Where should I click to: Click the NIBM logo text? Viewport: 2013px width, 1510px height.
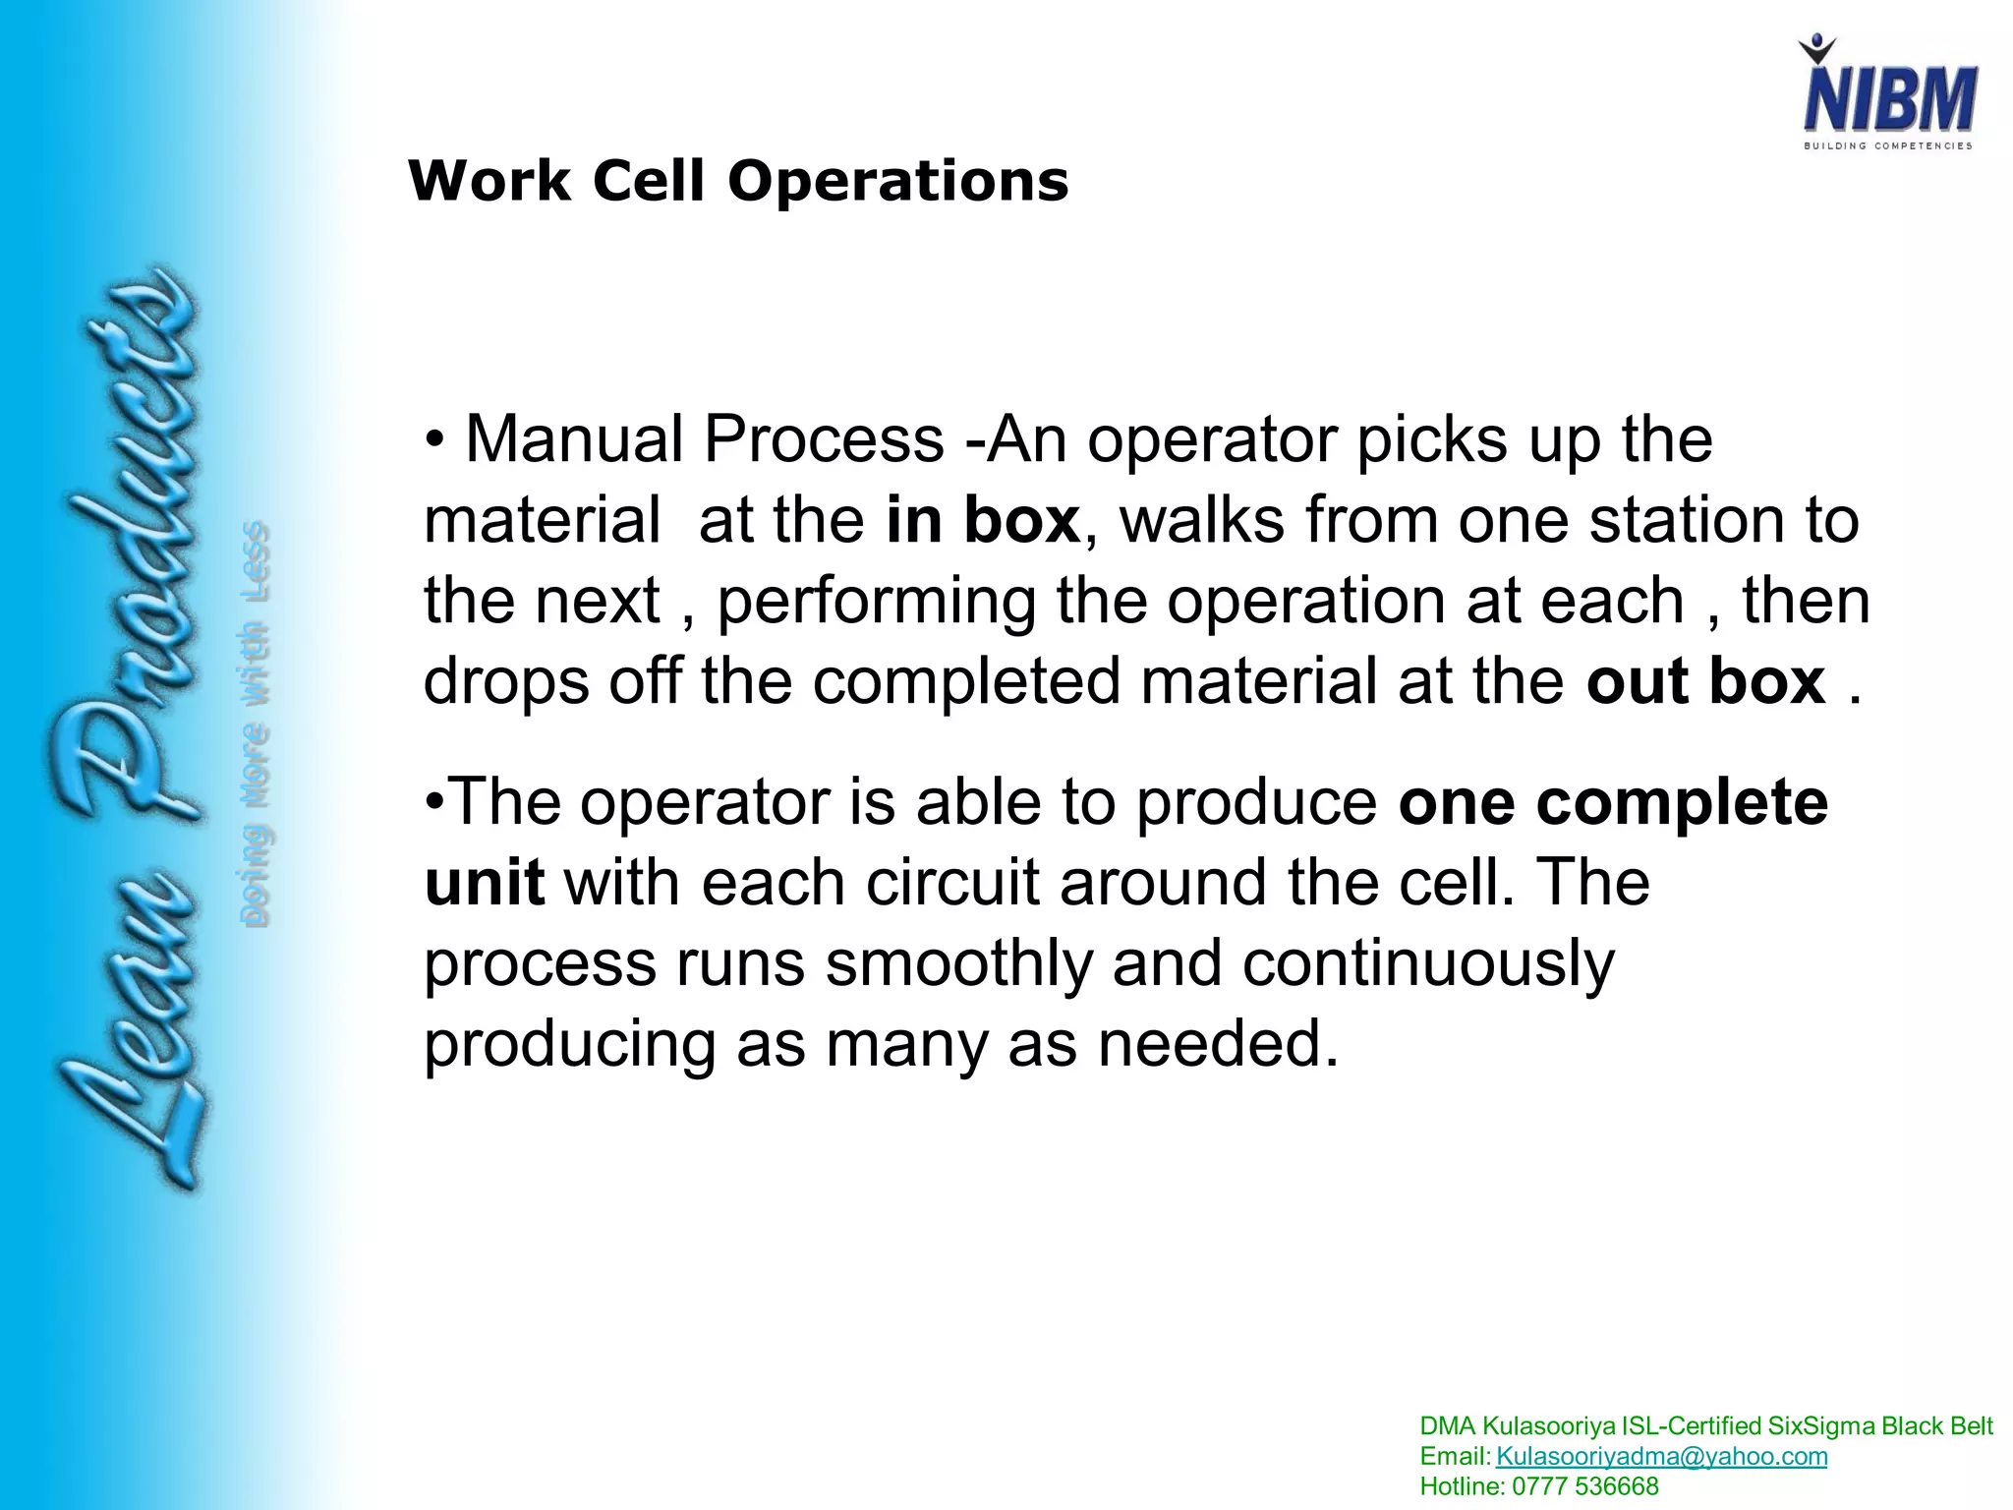pyautogui.click(x=1888, y=100)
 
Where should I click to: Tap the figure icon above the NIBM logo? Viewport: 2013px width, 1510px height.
pyautogui.click(x=1816, y=49)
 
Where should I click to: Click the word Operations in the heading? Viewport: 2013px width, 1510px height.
pyautogui.click(x=897, y=182)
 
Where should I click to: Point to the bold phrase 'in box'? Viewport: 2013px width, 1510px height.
pyautogui.click(x=982, y=520)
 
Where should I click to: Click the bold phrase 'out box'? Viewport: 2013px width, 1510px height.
pyautogui.click(x=1705, y=681)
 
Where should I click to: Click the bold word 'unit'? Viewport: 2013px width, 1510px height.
pyautogui.click(x=485, y=883)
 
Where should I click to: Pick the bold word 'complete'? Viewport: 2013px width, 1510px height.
pyautogui.click(x=1682, y=803)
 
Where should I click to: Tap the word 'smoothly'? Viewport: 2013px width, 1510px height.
pyautogui.click(x=958, y=963)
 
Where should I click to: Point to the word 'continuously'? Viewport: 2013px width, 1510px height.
pyautogui.click(x=1427, y=963)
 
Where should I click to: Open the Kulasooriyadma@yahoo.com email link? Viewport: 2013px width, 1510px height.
pyautogui.click(x=1661, y=1456)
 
